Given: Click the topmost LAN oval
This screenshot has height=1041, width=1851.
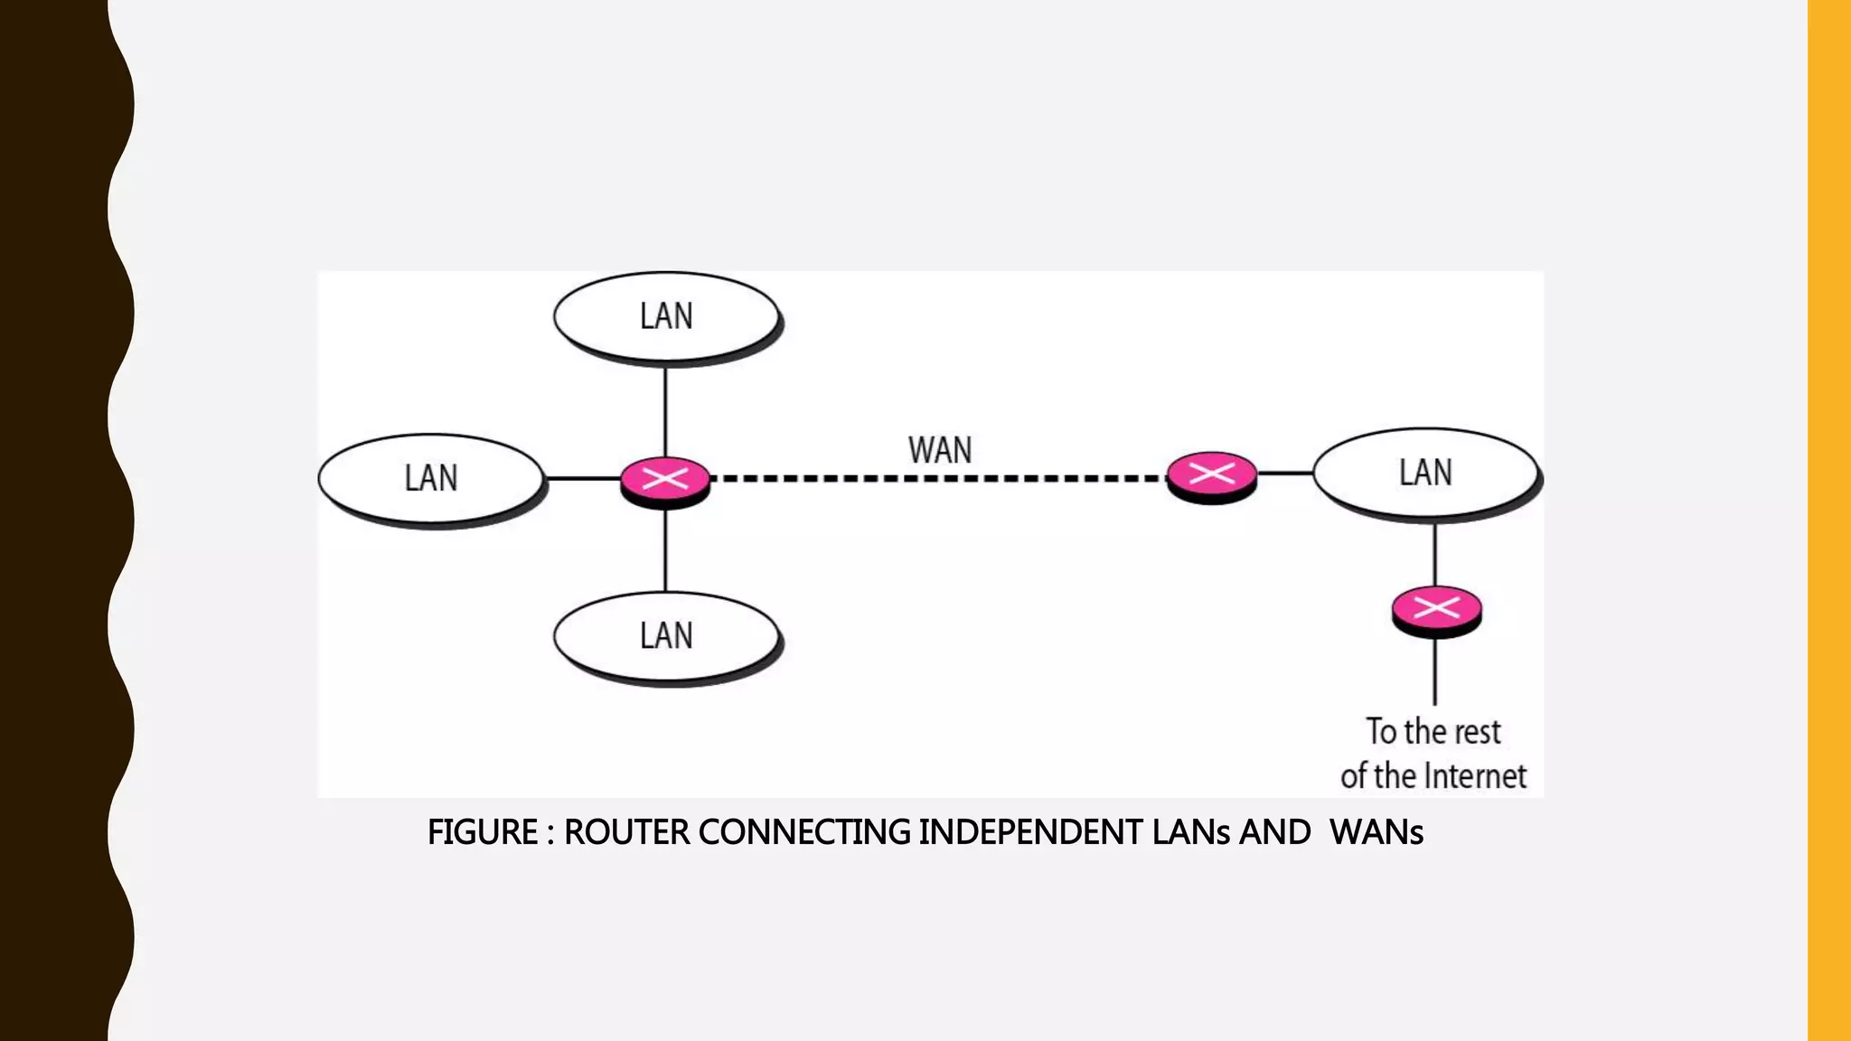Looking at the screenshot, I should click(x=666, y=316).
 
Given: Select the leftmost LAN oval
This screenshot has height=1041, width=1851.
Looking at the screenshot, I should click(x=431, y=478).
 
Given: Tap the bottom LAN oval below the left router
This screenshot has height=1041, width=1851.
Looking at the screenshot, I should click(x=666, y=636).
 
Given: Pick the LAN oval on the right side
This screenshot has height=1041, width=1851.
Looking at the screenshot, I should click(x=1425, y=473).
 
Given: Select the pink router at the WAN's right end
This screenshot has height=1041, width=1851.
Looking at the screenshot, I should click(x=1211, y=475).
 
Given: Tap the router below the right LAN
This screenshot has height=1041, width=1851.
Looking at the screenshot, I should click(x=1436, y=610).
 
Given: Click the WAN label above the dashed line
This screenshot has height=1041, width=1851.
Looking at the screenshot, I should click(x=940, y=450).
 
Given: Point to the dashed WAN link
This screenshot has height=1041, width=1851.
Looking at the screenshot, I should click(x=940, y=478).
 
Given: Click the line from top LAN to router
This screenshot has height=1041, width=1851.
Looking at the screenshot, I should click(x=666, y=411).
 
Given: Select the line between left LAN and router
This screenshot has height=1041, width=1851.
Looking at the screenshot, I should click(x=583, y=478).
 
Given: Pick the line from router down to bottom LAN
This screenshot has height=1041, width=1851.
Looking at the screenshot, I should click(x=666, y=551).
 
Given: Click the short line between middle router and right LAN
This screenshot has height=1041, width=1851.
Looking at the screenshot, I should click(x=1285, y=473).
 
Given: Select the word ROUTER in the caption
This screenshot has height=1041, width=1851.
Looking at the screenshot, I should click(x=626, y=832).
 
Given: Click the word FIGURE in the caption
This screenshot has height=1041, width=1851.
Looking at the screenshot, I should click(x=482, y=832).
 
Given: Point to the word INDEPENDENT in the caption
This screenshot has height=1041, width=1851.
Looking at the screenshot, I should click(x=1030, y=832).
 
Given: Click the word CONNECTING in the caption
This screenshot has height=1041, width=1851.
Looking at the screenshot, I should click(x=804, y=832).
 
